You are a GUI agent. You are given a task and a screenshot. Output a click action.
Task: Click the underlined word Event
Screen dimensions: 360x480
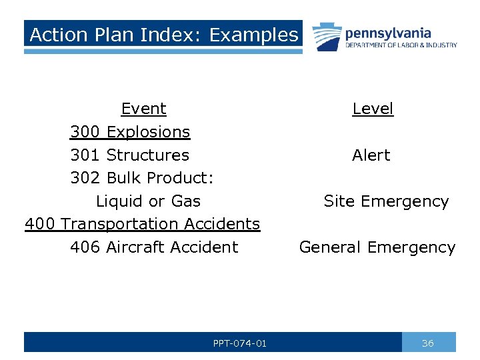click(x=143, y=109)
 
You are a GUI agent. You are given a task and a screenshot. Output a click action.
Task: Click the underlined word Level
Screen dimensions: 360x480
click(x=373, y=109)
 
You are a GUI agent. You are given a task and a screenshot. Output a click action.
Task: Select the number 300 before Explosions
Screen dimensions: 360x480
click(x=85, y=132)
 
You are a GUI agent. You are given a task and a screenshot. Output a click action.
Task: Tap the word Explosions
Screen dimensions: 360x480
click(x=148, y=132)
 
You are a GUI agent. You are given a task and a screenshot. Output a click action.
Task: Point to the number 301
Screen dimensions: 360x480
click(x=85, y=155)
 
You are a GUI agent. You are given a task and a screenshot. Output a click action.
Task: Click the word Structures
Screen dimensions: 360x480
click(x=147, y=155)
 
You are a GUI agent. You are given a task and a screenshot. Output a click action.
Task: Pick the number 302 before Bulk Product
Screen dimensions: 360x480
click(x=85, y=178)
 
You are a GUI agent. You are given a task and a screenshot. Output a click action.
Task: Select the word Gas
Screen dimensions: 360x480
click(x=186, y=201)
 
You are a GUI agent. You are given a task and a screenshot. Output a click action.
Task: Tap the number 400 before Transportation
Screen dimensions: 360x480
click(x=40, y=224)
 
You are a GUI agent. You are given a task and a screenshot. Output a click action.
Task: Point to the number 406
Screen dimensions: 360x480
click(x=85, y=247)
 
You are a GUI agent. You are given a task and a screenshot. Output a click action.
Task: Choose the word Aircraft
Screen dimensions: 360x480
click(x=135, y=247)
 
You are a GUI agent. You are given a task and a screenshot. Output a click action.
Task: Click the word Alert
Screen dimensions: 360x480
click(x=371, y=155)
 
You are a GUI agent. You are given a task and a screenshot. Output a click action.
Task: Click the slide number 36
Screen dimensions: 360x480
click(x=428, y=343)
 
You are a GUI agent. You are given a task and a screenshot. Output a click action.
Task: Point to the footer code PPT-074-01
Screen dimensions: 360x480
click(x=240, y=343)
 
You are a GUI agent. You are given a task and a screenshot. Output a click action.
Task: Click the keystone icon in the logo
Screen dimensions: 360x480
click(x=326, y=37)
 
